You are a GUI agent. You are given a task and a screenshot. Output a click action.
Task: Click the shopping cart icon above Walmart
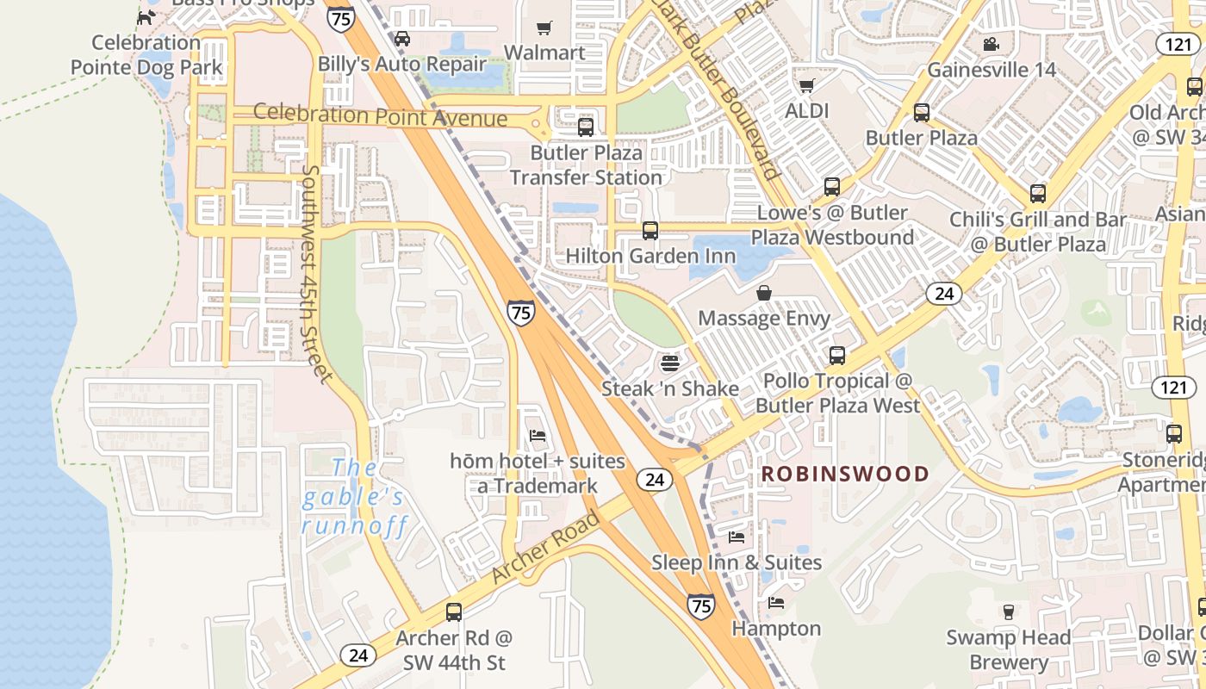point(544,28)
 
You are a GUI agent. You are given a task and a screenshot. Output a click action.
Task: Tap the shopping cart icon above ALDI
point(807,85)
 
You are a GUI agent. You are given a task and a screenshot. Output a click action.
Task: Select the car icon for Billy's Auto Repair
point(402,38)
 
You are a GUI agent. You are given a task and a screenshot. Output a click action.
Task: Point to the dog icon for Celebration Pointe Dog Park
point(147,16)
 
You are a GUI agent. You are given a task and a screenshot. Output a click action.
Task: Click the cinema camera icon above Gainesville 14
point(991,44)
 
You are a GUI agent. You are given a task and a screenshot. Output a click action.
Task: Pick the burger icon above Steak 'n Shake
point(670,363)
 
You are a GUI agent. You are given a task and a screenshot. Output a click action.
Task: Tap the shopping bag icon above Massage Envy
point(763,294)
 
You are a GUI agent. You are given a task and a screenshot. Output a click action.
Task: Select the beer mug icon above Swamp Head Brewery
point(1008,612)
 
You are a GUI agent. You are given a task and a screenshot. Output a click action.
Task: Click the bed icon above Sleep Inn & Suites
point(737,537)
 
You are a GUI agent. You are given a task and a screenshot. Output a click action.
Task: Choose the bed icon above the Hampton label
point(776,604)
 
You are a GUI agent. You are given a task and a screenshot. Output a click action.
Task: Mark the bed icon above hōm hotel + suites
point(538,436)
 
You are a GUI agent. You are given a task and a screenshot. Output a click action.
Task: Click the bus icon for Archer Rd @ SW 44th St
point(454,612)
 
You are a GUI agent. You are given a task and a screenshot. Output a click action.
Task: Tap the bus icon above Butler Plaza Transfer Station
point(586,127)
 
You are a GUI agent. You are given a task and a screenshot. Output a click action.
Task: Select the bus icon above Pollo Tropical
point(836,355)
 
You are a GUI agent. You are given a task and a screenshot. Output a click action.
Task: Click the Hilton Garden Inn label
point(650,256)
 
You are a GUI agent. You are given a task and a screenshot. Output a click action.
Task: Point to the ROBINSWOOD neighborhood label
point(845,474)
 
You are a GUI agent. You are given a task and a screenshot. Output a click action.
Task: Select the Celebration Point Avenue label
point(380,115)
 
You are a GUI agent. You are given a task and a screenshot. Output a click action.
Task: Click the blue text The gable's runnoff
point(354,497)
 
